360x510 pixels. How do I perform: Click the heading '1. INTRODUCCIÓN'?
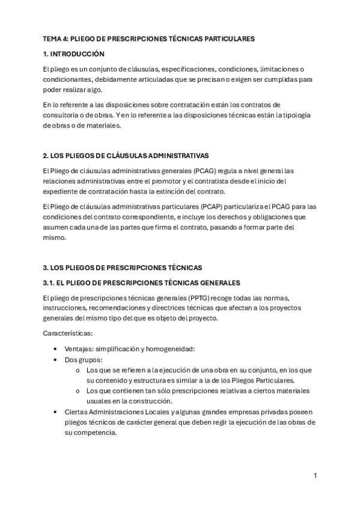coord(74,54)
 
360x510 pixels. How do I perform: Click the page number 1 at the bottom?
coord(316,476)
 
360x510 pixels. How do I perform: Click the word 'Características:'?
coord(68,333)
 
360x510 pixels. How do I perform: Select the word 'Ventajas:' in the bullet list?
coord(79,349)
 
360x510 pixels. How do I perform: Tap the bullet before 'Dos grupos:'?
coord(56,360)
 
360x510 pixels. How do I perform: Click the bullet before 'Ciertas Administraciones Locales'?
coord(56,411)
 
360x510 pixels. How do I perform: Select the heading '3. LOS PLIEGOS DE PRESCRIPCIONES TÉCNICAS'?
coord(123,268)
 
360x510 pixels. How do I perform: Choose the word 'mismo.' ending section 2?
coord(55,238)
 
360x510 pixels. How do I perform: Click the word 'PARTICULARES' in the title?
coord(230,38)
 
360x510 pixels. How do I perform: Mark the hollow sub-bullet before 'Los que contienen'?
coord(78,391)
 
